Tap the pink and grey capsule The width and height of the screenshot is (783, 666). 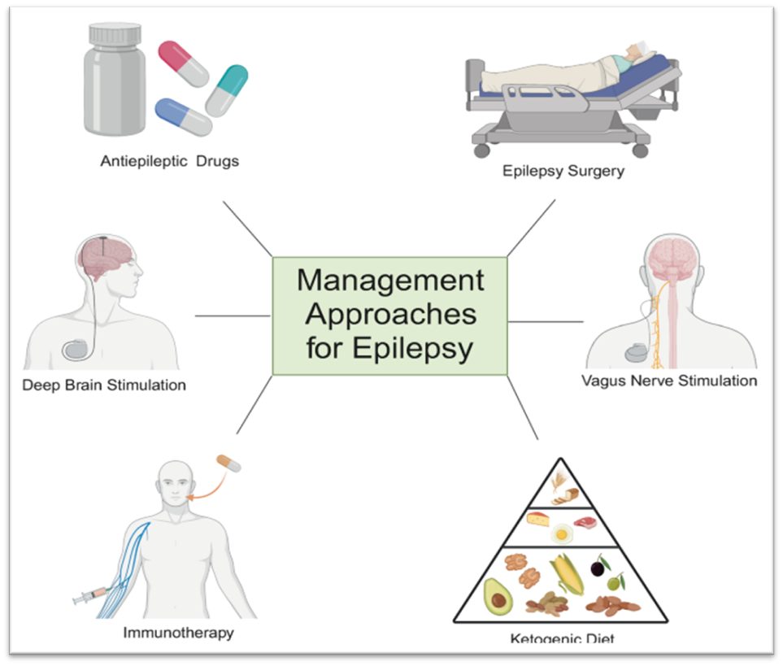tap(185, 64)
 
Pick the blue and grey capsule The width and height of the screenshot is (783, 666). tap(183, 117)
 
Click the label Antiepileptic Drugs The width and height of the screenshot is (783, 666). tap(169, 160)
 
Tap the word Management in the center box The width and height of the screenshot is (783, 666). tap(390, 281)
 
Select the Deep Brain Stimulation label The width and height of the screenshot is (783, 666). tap(104, 384)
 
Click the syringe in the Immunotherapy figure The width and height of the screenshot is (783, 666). tap(88, 599)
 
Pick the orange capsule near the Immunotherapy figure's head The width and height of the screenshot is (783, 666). tap(229, 464)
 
